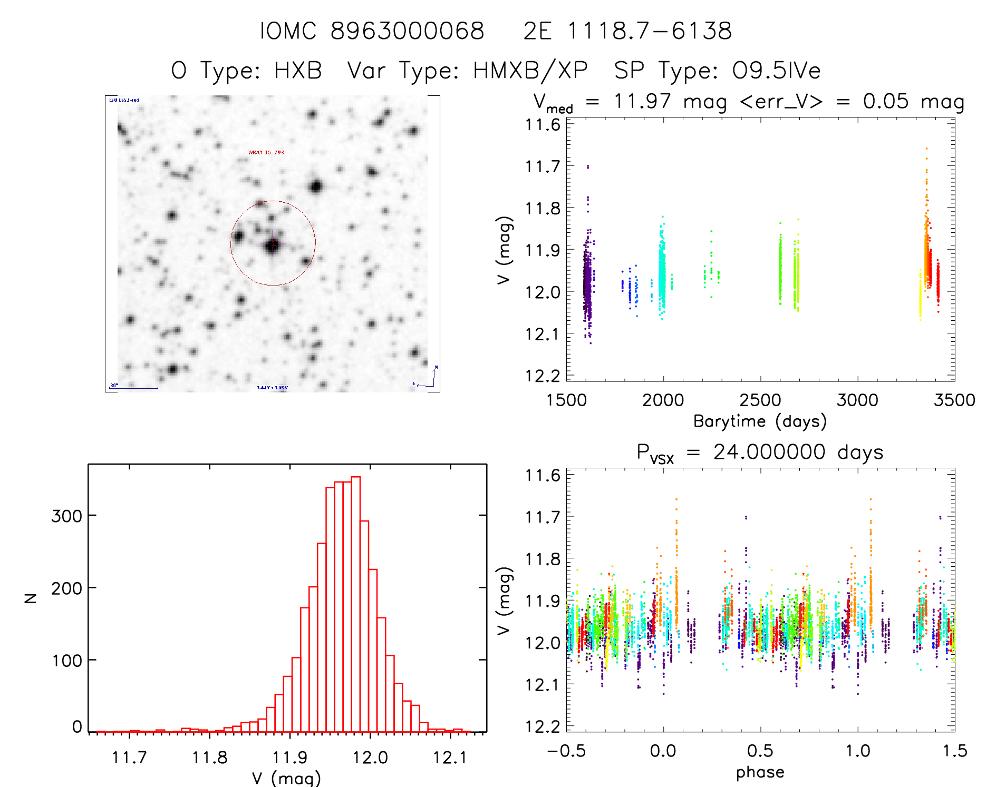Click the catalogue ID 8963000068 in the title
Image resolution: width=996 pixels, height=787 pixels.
tap(407, 31)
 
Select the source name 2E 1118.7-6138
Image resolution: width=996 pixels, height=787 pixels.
tap(627, 31)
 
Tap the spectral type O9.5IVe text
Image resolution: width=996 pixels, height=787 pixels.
tap(776, 71)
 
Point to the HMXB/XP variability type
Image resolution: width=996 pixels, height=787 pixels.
tap(530, 71)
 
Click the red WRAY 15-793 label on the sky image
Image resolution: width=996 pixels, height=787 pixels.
tap(266, 153)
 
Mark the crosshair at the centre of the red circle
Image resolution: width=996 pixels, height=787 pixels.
tap(273, 244)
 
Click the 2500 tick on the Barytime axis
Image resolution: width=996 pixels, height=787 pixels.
tap(760, 400)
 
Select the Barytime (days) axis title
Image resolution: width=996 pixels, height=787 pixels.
tap(760, 421)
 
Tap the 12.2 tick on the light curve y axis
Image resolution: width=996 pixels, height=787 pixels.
tap(543, 376)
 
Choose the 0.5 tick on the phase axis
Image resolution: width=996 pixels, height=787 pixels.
tap(760, 751)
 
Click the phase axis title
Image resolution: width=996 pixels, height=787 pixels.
tap(760, 772)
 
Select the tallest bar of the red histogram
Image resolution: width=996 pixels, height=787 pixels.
tap(356, 604)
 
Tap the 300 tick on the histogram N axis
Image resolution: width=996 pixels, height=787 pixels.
tap(66, 516)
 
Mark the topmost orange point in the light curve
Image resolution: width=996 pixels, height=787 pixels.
tap(926, 149)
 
